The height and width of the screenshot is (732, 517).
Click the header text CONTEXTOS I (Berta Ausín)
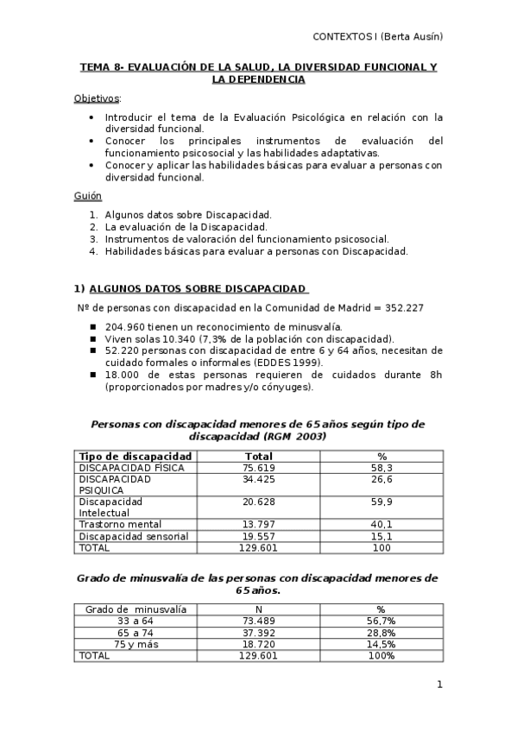pyautogui.click(x=377, y=36)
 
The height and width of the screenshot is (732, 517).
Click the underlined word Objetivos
pyautogui.click(x=97, y=98)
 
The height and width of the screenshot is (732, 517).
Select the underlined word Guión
pyautogui.click(x=88, y=197)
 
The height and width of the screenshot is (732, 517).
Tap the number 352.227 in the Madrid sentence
pyautogui.click(x=401, y=307)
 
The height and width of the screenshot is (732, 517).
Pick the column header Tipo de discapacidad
pyautogui.click(x=135, y=456)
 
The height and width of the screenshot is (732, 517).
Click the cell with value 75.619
pyautogui.click(x=259, y=468)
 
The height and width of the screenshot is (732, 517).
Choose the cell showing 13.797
pyautogui.click(x=259, y=524)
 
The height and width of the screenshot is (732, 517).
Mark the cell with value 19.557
pyautogui.click(x=259, y=536)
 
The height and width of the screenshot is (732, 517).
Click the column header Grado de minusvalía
pyautogui.click(x=136, y=609)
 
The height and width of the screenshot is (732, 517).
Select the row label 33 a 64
pyautogui.click(x=136, y=621)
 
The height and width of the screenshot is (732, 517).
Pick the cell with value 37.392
pyautogui.click(x=259, y=633)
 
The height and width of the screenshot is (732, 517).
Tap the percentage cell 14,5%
pyautogui.click(x=381, y=644)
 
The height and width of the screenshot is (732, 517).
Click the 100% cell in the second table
pyautogui.click(x=381, y=656)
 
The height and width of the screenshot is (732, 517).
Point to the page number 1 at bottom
pyautogui.click(x=439, y=685)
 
